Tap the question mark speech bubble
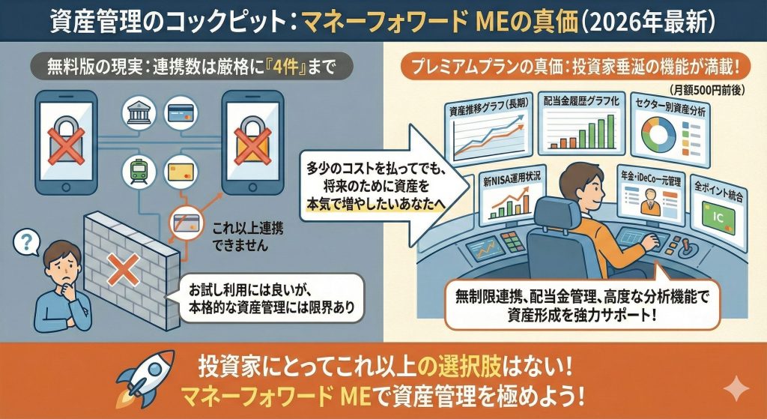pyautogui.click(x=28, y=244)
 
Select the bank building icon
pyautogui.click(x=138, y=115)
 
